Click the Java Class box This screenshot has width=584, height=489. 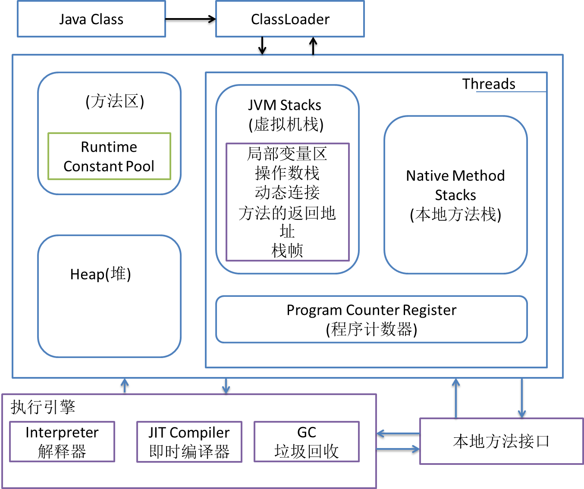tap(91, 19)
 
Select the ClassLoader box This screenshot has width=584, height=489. tap(290, 19)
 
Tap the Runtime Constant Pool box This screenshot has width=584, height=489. tap(109, 156)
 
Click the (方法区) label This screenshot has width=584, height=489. tap(115, 101)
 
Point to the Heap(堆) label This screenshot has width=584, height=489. tap(100, 274)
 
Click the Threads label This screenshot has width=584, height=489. tap(489, 84)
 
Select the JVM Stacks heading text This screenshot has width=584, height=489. tap(285, 105)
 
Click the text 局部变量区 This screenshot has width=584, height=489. tap(287, 154)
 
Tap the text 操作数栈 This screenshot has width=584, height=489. tap(287, 173)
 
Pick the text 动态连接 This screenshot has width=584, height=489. tap(287, 192)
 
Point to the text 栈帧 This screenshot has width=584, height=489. tap(287, 250)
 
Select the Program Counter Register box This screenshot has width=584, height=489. tap(371, 319)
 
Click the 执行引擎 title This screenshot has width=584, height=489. tap(43, 407)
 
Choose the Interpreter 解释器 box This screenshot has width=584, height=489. tap(62, 442)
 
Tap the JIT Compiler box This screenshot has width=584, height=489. tap(189, 442)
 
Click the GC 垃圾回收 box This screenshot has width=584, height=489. tap(307, 442)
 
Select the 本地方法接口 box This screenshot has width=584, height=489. tap(501, 441)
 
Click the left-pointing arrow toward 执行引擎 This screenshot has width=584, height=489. tap(397, 433)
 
